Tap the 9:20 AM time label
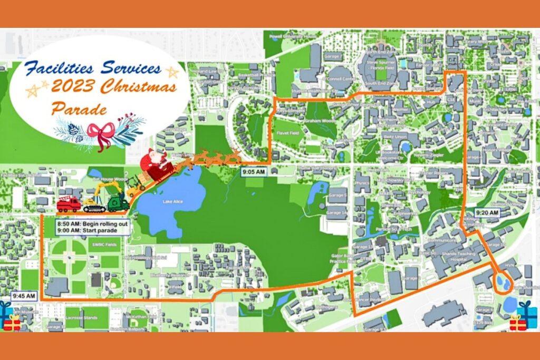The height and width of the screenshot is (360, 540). pyautogui.click(x=487, y=212)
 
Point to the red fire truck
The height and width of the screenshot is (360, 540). pyautogui.click(x=69, y=204)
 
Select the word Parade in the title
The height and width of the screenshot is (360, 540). pyautogui.click(x=79, y=109)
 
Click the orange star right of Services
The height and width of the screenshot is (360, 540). pyautogui.click(x=172, y=72)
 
